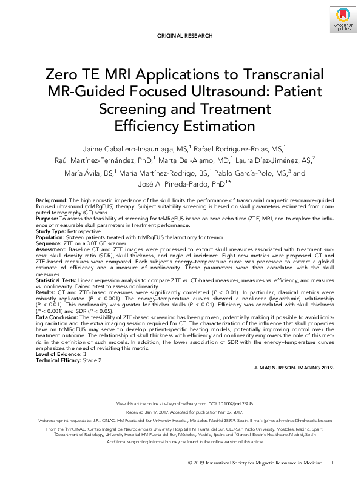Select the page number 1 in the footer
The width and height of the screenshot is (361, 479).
[x=332, y=463]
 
